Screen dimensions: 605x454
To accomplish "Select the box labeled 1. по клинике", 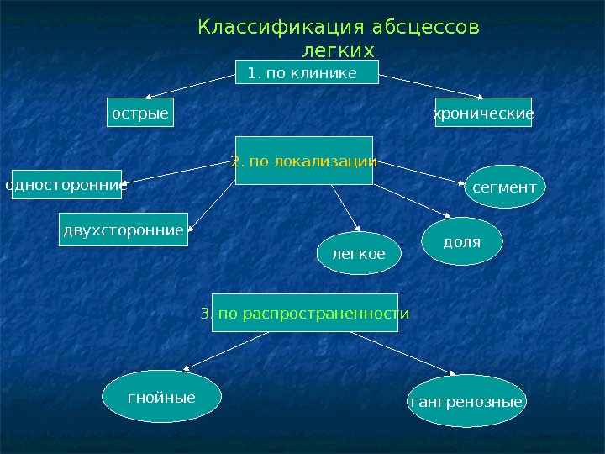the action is (x=308, y=73).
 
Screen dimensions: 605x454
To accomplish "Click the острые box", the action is (x=140, y=113).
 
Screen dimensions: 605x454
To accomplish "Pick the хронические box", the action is (x=483, y=113).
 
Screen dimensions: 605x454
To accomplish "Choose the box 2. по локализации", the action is (x=303, y=160).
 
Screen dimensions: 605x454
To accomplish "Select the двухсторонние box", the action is (x=124, y=230).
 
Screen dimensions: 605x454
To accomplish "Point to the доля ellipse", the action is (x=461, y=242).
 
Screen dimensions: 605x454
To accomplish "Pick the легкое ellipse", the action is (x=360, y=253).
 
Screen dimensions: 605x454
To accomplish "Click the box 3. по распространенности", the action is (x=305, y=313).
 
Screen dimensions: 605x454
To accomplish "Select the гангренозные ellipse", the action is (x=466, y=403).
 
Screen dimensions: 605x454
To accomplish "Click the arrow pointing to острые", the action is (x=190, y=87).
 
